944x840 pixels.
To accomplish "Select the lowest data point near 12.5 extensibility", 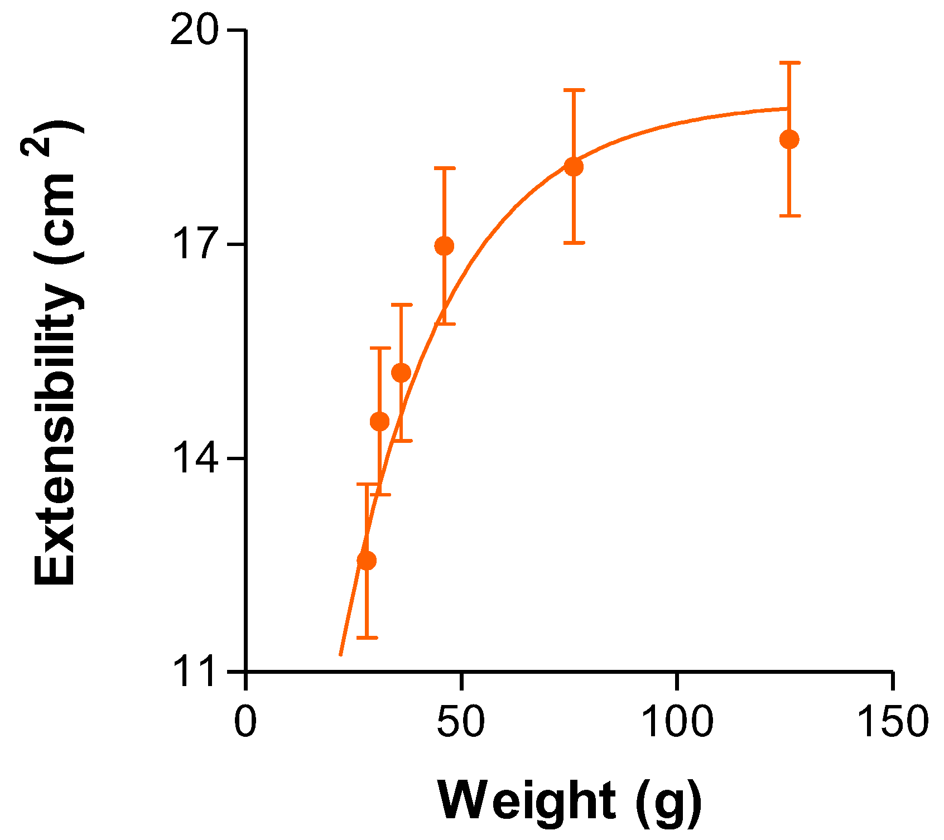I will click(367, 560).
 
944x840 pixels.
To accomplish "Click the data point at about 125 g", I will click(789, 139).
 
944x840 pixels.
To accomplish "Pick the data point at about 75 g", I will click(574, 166).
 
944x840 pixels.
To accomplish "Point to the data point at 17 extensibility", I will click(444, 245).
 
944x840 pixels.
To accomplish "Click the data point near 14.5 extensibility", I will click(379, 421).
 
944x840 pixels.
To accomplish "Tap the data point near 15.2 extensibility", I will click(401, 373).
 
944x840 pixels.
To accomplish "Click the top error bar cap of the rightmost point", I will click(789, 63).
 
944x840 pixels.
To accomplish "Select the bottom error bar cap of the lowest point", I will click(367, 637).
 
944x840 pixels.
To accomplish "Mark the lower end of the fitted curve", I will click(340, 655).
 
